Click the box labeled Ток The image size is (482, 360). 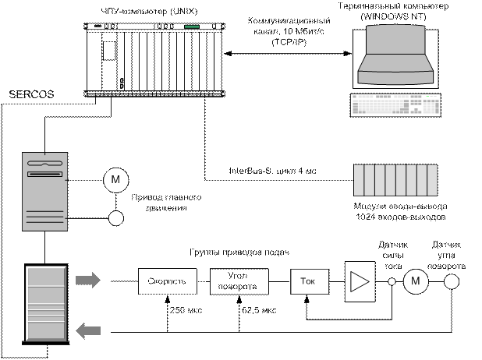(307, 280)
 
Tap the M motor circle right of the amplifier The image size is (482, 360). (415, 281)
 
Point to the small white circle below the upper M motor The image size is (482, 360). (115, 218)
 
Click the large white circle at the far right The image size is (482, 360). (450, 281)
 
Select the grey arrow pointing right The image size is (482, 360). (89, 278)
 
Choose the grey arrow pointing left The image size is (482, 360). (89, 331)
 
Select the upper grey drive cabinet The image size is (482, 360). (45, 192)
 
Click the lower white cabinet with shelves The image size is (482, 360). (44, 304)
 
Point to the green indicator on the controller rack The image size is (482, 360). (192, 28)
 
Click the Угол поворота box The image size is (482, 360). (237, 281)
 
